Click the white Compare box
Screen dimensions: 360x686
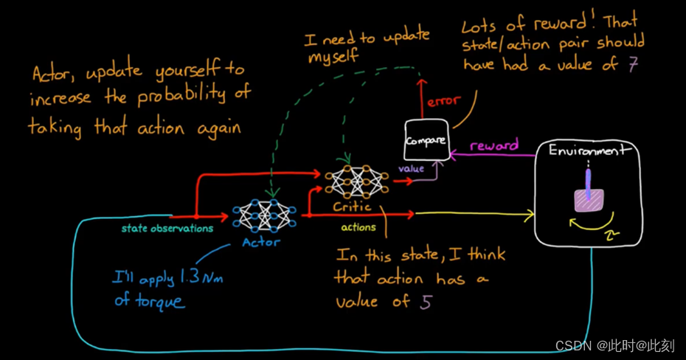(x=426, y=139)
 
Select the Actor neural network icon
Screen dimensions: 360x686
(x=265, y=215)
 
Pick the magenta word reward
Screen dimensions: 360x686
(x=493, y=145)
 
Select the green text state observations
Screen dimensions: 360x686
(x=167, y=228)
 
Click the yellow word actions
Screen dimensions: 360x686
(x=358, y=227)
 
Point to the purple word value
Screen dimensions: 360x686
(x=412, y=169)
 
